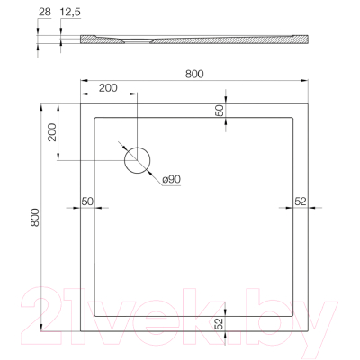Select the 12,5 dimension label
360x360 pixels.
70,13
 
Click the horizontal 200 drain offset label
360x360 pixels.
108,88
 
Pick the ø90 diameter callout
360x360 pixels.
172,180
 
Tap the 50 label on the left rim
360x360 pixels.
88,200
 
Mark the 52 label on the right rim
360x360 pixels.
301,200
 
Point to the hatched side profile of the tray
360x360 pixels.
193,40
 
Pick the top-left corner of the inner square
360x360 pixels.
95,114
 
